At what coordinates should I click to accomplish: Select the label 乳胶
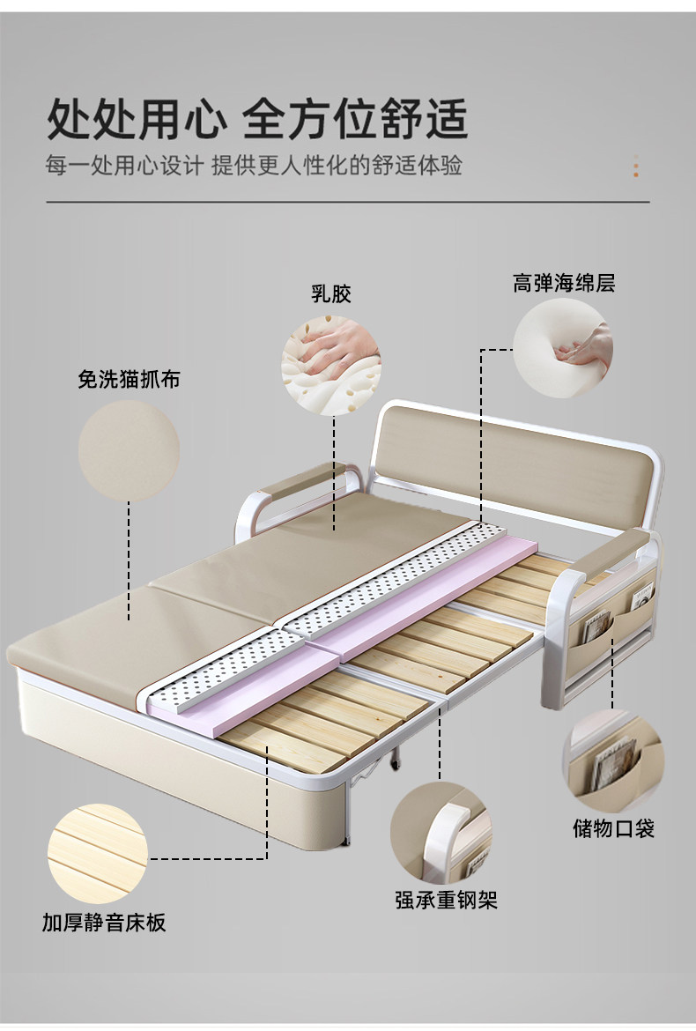(330, 293)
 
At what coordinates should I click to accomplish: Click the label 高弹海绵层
(564, 283)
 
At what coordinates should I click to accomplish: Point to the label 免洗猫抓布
(129, 380)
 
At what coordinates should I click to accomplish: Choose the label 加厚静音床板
(104, 923)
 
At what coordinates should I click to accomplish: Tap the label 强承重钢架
(446, 900)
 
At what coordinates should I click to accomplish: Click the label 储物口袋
(614, 828)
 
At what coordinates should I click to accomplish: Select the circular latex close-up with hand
(331, 366)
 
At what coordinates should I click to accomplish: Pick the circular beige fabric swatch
(129, 450)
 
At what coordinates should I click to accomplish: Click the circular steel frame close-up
(441, 833)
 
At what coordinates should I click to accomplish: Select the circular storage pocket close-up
(613, 760)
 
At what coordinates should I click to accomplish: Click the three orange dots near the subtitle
(636, 167)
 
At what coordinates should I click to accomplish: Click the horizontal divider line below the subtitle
(347, 202)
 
